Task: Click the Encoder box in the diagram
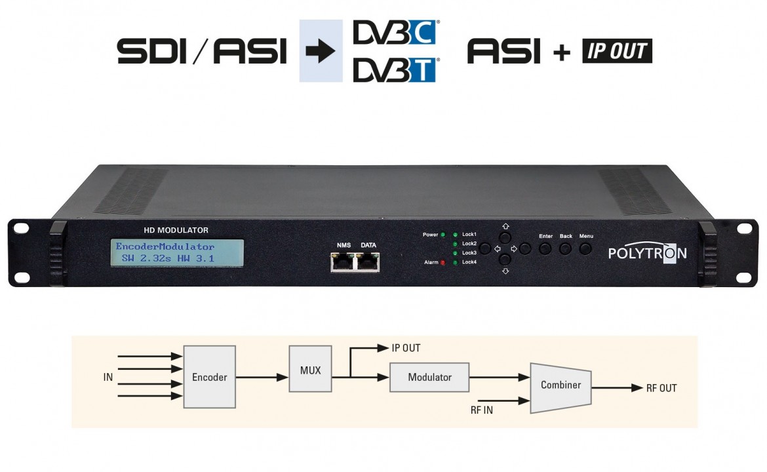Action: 209,377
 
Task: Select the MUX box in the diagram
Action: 310,370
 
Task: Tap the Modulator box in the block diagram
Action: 429,377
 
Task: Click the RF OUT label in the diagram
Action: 661,388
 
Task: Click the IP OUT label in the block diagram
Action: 406,348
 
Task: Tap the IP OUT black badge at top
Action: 617,51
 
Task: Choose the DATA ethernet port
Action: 368,262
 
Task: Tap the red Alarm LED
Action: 442,262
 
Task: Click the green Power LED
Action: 442,234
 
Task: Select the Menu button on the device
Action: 585,248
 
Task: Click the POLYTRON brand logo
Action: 647,253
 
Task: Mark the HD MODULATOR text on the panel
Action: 176,230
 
